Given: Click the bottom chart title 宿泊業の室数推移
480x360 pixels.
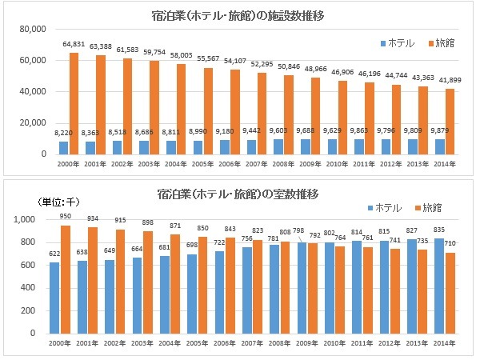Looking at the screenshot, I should (241, 194).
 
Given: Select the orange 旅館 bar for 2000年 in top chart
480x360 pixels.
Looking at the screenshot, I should (74, 104).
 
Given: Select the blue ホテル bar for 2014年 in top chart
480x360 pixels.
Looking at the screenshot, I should (438, 146).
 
